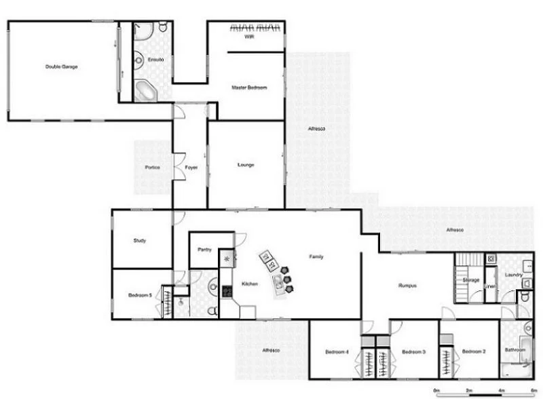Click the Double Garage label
point(60,66)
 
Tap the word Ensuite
point(155,60)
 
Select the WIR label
point(249,37)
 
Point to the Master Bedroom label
point(248,88)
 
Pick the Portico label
point(152,167)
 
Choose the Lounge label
point(245,165)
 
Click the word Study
point(140,240)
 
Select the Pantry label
point(204,250)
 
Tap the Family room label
point(316,256)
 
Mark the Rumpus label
point(407,286)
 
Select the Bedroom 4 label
point(337,351)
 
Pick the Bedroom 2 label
point(474,351)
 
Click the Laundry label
point(513,274)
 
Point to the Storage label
point(471,280)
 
